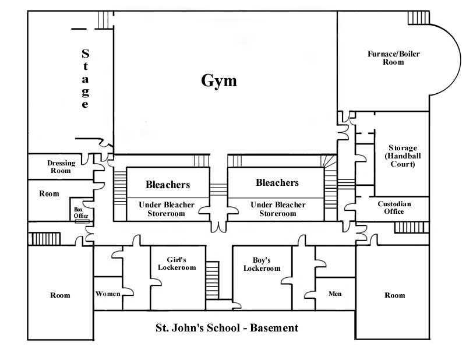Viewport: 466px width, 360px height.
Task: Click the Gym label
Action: click(x=219, y=80)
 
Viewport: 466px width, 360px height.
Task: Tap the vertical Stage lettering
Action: click(x=85, y=79)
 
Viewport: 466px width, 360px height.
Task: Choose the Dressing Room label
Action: click(x=59, y=167)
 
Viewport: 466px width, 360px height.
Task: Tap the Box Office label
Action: click(x=80, y=213)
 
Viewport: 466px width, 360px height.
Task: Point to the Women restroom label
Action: click(x=108, y=294)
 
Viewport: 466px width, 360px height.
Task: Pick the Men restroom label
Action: click(x=335, y=294)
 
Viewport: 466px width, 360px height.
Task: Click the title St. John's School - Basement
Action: click(x=227, y=328)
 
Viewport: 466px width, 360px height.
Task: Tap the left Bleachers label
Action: click(x=168, y=185)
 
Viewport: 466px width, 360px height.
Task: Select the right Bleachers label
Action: click(x=277, y=182)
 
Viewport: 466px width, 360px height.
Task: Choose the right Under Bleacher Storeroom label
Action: click(x=277, y=209)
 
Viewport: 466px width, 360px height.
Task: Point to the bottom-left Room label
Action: click(x=60, y=295)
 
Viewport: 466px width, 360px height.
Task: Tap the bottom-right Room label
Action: click(x=394, y=295)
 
